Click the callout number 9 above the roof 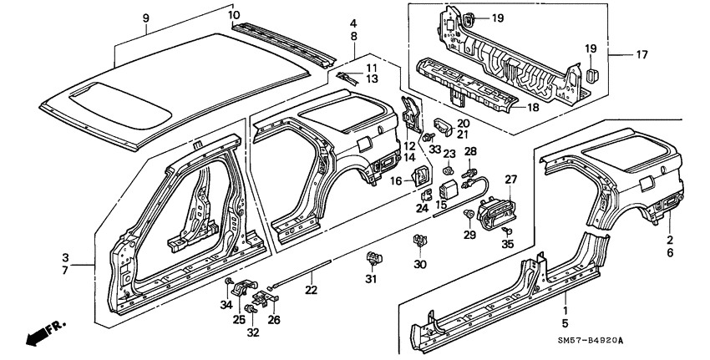pos(146,18)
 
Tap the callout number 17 pos(642,56)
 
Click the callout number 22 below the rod pos(311,290)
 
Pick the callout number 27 pos(510,179)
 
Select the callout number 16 pos(398,180)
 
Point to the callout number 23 pos(448,154)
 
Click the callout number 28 pos(469,150)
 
